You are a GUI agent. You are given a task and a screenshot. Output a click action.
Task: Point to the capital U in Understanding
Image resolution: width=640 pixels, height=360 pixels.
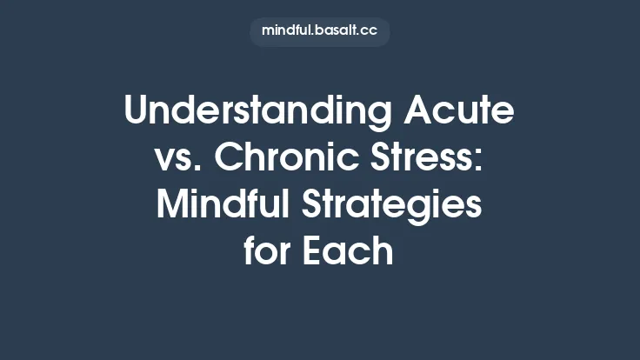coord(138,113)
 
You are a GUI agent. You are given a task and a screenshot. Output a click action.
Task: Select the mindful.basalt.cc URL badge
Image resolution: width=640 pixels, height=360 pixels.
coord(319,31)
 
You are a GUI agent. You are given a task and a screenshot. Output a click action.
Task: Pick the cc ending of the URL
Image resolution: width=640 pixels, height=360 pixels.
coord(369,31)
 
